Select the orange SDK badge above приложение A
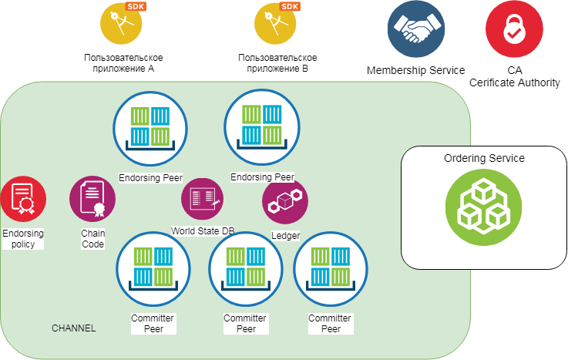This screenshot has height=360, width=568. tap(136, 7)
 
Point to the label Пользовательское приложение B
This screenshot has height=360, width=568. tap(277, 63)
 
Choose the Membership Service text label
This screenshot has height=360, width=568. tap(415, 70)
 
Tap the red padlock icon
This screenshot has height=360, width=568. tap(514, 29)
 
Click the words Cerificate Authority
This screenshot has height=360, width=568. tap(514, 82)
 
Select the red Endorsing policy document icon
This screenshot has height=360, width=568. tap(22, 199)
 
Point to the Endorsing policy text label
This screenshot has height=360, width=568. tap(22, 238)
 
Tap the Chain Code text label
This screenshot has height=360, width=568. tap(92, 238)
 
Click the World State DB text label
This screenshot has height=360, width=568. tap(203, 230)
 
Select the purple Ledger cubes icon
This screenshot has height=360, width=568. tap(285, 202)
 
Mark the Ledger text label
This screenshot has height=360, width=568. tap(285, 235)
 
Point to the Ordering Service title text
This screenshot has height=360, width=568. tap(484, 158)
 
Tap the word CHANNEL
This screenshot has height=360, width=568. tap(73, 328)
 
